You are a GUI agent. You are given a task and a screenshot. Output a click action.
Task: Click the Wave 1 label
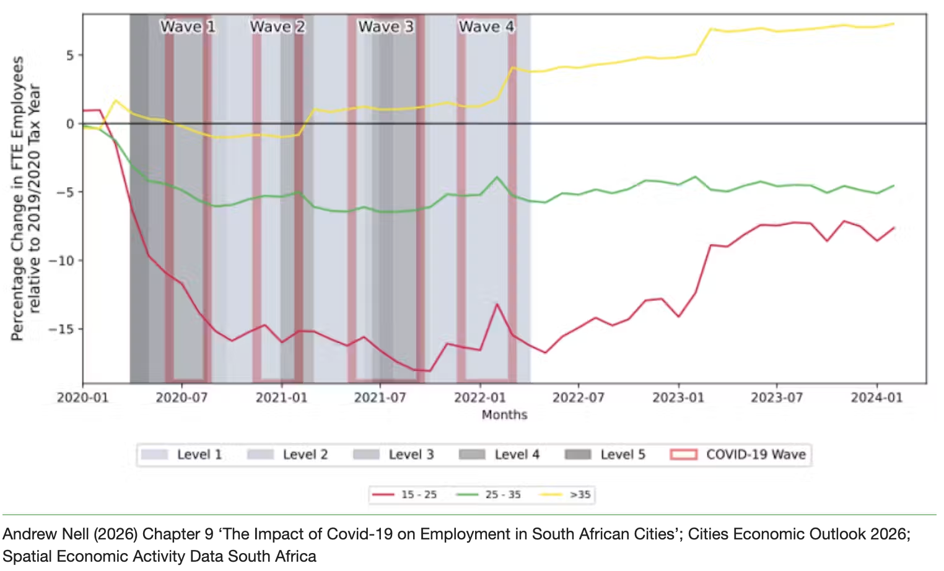[188, 27]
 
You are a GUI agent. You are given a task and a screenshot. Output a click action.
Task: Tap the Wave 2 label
[278, 27]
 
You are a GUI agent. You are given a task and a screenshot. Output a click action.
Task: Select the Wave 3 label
[386, 27]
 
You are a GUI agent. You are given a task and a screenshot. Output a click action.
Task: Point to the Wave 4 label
[486, 27]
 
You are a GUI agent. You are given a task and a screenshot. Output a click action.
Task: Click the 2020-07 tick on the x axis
[181, 398]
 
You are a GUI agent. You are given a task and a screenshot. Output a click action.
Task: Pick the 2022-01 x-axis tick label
[479, 398]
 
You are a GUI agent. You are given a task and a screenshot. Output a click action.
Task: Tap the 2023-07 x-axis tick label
[777, 398]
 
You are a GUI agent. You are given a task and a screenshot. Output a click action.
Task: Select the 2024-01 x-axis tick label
[876, 398]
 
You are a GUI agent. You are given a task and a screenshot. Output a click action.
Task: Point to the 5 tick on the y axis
[71, 55]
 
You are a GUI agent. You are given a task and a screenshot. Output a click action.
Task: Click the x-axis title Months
[504, 415]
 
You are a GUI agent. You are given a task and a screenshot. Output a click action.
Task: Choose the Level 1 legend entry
[181, 455]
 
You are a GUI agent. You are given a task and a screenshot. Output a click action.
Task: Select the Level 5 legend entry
[605, 455]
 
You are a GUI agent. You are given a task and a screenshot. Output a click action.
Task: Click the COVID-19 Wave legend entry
[738, 455]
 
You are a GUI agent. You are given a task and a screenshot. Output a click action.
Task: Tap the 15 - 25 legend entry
[404, 494]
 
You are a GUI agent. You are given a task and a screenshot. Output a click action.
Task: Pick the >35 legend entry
[565, 494]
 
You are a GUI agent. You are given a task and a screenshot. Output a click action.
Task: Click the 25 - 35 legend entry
[489, 494]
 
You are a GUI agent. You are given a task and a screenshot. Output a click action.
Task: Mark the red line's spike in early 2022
[497, 304]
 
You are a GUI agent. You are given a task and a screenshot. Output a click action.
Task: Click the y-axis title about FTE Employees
[26, 198]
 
